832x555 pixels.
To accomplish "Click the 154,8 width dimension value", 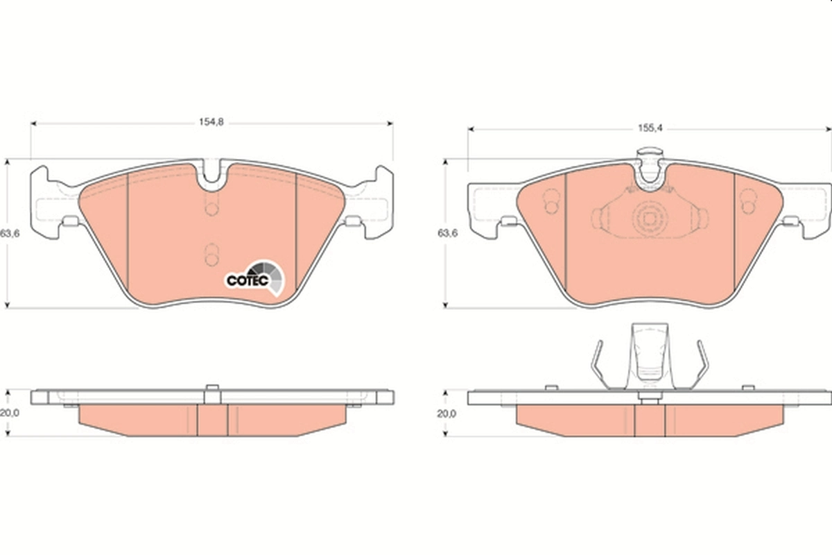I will pyautogui.click(x=212, y=123).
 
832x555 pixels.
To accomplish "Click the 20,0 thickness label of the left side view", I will pyautogui.click(x=9, y=413).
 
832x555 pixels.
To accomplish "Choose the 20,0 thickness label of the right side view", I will pyautogui.click(x=447, y=413).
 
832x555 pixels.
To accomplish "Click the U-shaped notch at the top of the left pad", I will pyautogui.click(x=212, y=179).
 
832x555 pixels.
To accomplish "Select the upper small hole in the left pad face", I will pyautogui.click(x=212, y=207).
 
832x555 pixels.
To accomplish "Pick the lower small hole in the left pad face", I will pyautogui.click(x=212, y=254).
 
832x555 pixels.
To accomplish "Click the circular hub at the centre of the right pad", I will pyautogui.click(x=649, y=219).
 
